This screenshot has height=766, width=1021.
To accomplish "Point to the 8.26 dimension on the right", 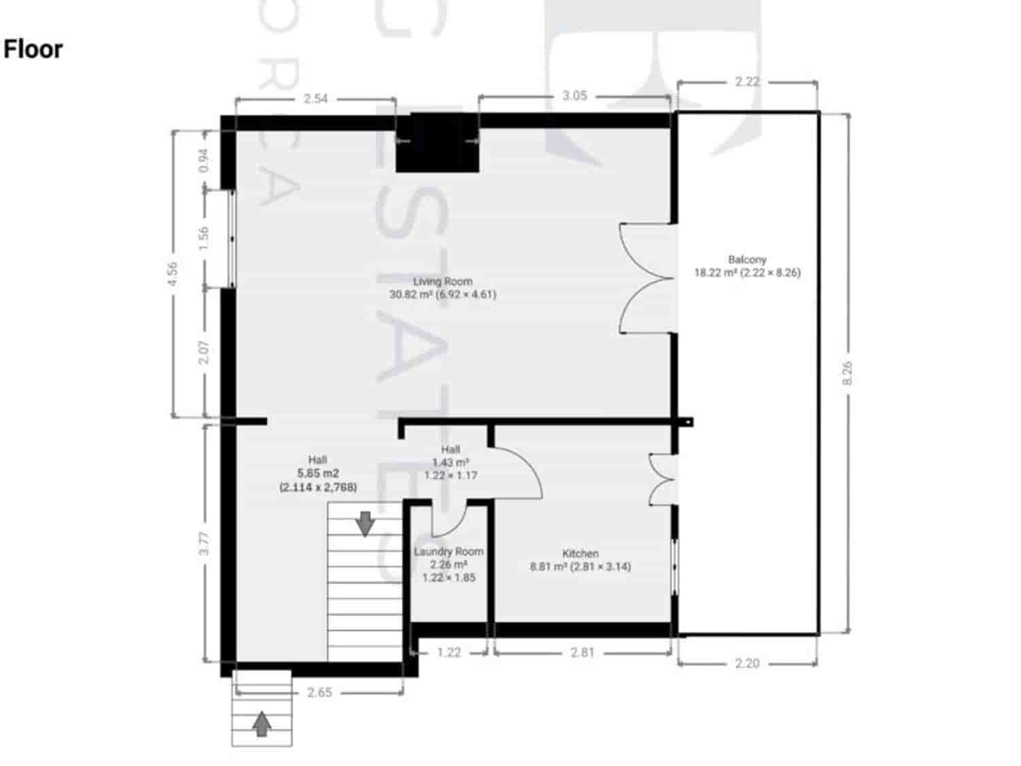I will coord(847,372).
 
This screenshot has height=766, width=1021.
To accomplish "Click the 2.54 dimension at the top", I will coord(315,99).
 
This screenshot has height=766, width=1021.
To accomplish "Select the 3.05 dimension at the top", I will coord(574,95).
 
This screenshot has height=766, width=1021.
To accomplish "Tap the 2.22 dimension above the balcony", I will coord(747,82).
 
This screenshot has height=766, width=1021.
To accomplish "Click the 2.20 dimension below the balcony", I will coord(747,663).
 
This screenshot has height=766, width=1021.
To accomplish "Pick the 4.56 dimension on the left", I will coord(173,274).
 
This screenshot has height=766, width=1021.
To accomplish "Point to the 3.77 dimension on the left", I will coord(204,543).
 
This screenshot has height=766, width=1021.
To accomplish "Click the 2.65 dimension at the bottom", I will coord(319,692).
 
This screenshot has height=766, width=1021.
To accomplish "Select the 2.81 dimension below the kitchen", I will coord(582,652).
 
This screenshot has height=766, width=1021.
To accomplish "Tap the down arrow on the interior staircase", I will coord(366,523).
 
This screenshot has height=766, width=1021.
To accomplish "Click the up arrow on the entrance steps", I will coord(261,724).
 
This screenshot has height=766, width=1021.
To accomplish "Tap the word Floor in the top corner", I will coord(33,49).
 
